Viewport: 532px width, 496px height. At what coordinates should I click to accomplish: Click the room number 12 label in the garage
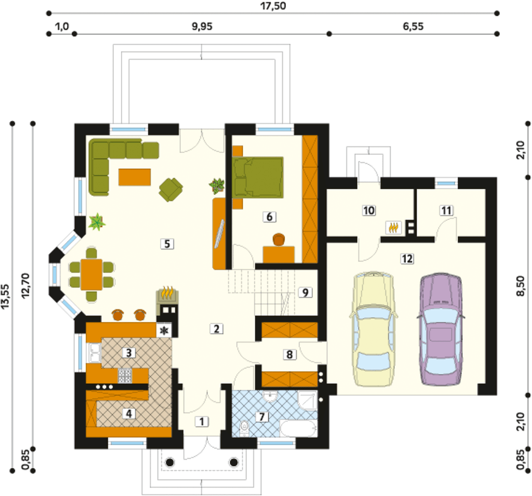click(407, 259)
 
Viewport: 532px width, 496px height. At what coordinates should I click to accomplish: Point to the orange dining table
click(91, 274)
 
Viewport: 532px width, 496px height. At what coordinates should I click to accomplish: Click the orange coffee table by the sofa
click(135, 177)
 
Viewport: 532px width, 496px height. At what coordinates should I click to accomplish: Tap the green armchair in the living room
click(171, 190)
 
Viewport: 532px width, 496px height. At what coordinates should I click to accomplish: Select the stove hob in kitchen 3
click(125, 375)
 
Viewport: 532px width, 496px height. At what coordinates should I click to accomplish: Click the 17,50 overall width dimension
click(273, 6)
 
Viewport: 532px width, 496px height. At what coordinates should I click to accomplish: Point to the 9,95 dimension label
click(202, 27)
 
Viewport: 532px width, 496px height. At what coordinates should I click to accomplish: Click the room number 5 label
click(167, 244)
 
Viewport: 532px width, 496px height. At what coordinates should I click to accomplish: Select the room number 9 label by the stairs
click(305, 293)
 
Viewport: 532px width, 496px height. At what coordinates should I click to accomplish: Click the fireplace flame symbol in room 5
click(167, 293)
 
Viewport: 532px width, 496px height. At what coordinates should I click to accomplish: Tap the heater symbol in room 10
click(393, 228)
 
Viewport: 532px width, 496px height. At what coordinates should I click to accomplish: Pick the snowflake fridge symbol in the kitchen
click(163, 331)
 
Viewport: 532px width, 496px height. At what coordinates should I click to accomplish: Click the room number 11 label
click(446, 211)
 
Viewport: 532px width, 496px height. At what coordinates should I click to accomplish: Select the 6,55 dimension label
click(413, 27)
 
